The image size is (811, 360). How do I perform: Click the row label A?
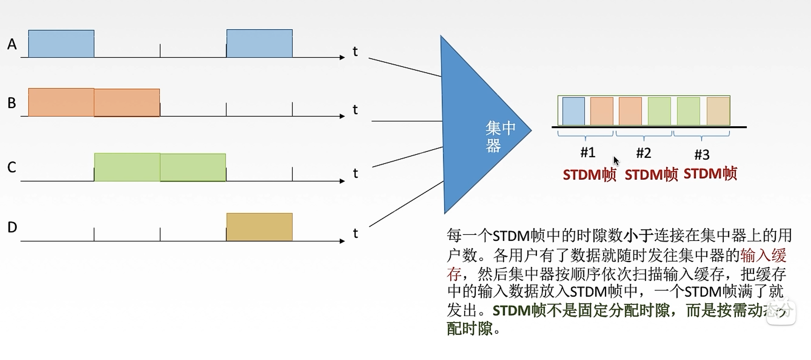12,44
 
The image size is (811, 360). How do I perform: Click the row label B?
12,103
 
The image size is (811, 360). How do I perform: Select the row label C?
12,167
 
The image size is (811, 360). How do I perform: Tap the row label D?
12,227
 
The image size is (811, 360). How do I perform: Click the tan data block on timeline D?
259,227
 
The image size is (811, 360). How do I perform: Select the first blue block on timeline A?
61,44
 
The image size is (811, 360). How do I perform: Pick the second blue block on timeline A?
259,44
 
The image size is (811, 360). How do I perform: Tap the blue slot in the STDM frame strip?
573,111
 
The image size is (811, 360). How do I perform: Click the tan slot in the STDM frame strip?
718,111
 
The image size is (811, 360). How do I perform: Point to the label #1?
588,152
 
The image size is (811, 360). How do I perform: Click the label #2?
643,153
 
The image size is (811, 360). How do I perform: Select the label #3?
702,154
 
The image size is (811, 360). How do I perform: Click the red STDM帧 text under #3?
710,173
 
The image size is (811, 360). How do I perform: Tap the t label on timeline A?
355,52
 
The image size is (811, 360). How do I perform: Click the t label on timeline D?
355,234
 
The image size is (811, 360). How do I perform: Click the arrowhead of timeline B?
343,116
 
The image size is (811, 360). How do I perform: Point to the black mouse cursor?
616,161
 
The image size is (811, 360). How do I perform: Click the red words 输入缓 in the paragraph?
763,256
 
